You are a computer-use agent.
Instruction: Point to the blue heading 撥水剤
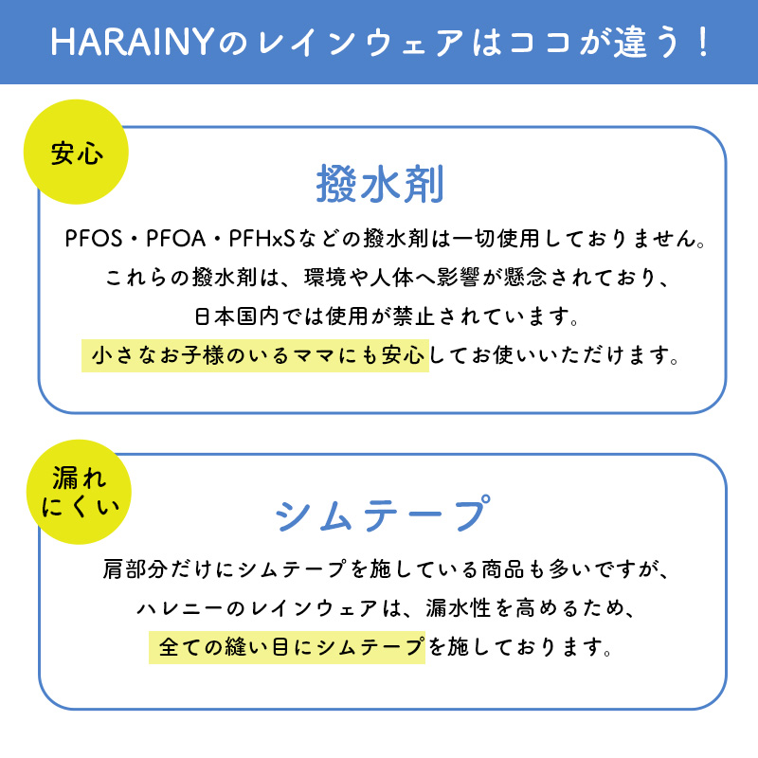click(x=379, y=185)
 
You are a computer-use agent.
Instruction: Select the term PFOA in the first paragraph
click(x=182, y=238)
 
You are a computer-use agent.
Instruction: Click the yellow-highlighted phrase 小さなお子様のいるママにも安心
click(x=256, y=355)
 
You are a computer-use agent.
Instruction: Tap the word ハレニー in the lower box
click(x=184, y=610)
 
